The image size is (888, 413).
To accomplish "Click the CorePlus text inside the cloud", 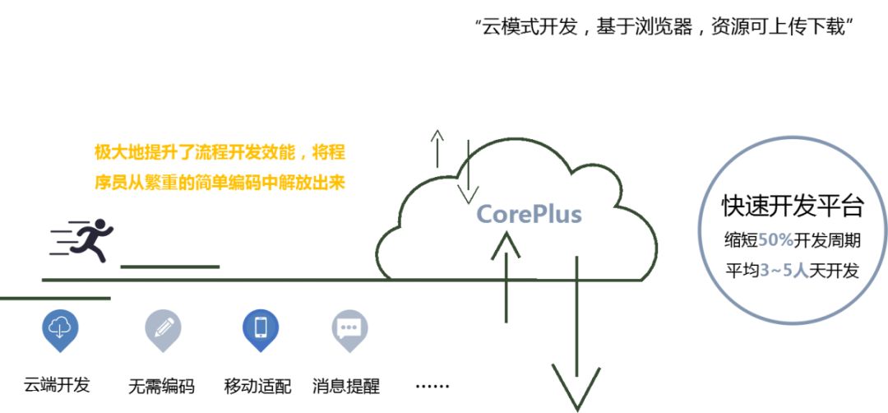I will pyautogui.click(x=529, y=215).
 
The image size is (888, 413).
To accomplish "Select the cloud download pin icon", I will pyautogui.click(x=60, y=328).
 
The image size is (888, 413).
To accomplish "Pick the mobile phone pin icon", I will pyautogui.click(x=260, y=328).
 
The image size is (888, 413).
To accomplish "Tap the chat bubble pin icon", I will pyautogui.click(x=349, y=328).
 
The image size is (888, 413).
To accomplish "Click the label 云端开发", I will pyautogui.click(x=56, y=384).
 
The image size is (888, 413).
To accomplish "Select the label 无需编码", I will pyautogui.click(x=161, y=386).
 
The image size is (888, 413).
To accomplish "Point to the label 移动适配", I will pyautogui.click(x=257, y=386).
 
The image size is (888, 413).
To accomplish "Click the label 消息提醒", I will pyautogui.click(x=346, y=386).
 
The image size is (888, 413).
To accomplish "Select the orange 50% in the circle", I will pyautogui.click(x=775, y=241).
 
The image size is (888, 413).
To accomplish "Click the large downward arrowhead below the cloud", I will pyautogui.click(x=576, y=387).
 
